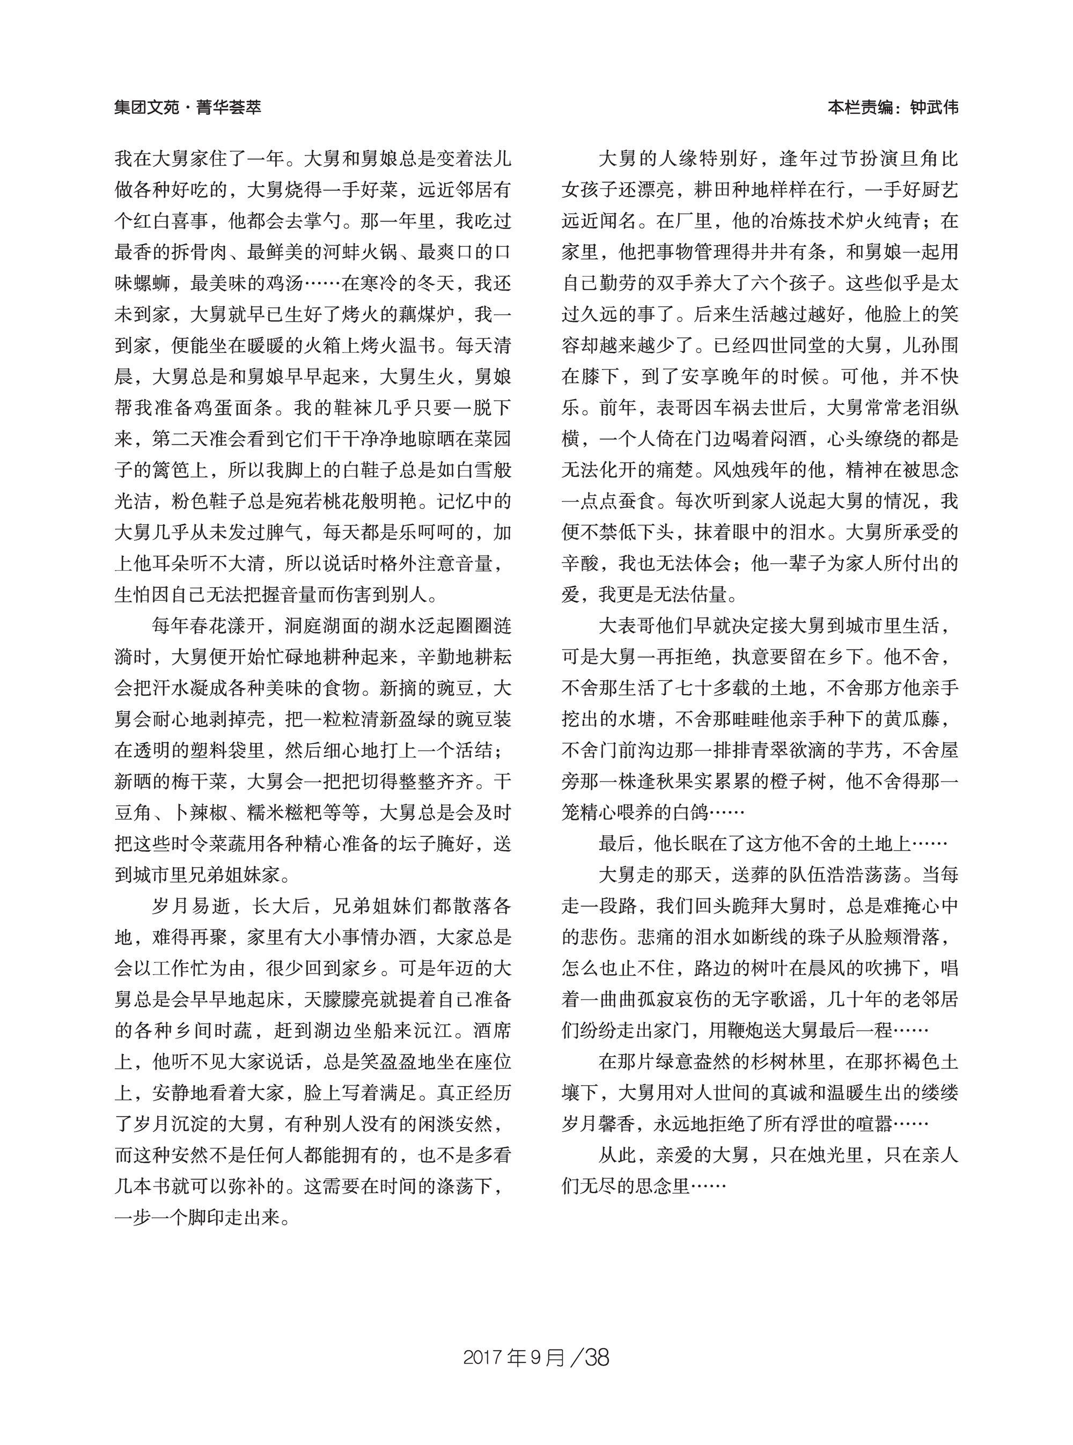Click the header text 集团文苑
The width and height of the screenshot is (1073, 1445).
[146, 107]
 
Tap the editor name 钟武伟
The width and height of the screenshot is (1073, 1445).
[934, 107]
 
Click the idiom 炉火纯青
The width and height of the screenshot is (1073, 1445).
[886, 222]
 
